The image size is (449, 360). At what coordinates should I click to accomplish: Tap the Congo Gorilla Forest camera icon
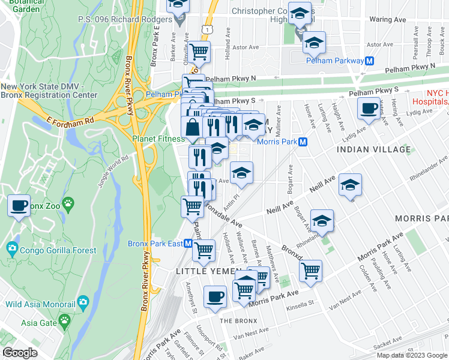[11, 247]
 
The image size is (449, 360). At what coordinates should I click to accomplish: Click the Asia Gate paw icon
[64, 322]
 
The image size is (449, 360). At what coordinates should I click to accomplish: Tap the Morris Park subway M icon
[303, 142]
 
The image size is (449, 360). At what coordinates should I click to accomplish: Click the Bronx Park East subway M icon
[188, 244]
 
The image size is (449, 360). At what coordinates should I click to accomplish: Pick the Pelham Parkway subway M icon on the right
[370, 60]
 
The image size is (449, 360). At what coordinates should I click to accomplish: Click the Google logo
[20, 352]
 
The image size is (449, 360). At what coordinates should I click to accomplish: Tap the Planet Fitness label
[158, 139]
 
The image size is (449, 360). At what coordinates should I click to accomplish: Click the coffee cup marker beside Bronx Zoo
[19, 205]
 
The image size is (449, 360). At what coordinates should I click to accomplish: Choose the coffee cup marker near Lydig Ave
[367, 108]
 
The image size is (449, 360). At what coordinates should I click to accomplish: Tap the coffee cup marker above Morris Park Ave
[215, 296]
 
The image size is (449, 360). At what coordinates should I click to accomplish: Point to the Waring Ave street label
[388, 19]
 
